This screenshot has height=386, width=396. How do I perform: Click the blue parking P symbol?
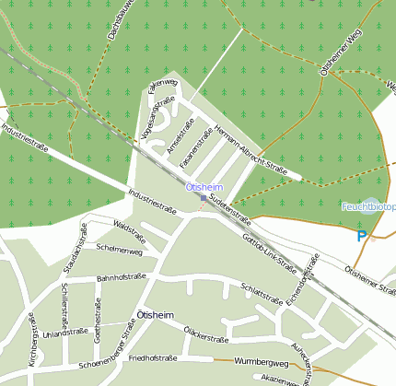coord(362,236)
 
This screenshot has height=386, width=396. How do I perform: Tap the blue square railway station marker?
coord(204,197)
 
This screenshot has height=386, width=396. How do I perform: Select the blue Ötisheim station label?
coord(204,187)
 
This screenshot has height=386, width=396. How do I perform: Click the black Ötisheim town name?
coord(155,315)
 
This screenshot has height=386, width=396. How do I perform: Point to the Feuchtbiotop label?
coord(368,206)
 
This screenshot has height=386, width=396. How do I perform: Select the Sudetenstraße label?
coord(230,208)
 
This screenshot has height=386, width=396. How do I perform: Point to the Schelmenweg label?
coord(119,251)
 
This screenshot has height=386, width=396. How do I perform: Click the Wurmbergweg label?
coord(262,362)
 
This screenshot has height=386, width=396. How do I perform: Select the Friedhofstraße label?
coord(153,357)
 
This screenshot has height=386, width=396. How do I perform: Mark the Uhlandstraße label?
coord(64,333)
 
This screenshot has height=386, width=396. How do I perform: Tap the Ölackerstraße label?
coord(205,333)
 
